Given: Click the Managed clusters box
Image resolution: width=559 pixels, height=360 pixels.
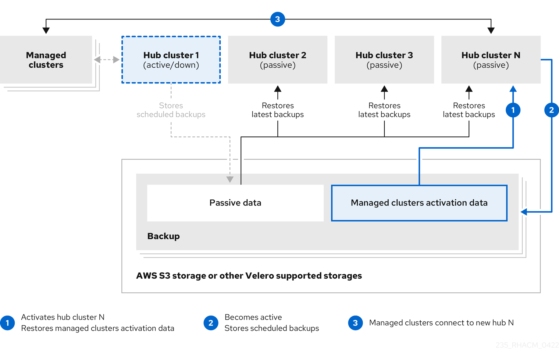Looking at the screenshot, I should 46,60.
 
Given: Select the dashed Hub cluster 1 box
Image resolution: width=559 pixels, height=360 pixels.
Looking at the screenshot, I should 171,60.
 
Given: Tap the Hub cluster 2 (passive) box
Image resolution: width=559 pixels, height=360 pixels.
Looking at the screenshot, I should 278,60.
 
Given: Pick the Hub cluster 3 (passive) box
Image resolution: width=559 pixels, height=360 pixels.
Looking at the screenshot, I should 384,60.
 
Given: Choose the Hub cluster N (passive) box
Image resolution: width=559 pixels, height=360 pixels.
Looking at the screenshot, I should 491,60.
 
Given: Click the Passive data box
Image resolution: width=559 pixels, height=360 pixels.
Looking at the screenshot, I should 235,203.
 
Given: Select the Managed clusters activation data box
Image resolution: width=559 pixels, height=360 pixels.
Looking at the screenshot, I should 419,203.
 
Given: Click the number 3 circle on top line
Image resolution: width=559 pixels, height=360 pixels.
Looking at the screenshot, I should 278,19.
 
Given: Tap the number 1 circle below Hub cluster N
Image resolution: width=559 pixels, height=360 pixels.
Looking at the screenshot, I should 513,110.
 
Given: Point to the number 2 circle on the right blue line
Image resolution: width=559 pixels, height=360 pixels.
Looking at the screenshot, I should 551,110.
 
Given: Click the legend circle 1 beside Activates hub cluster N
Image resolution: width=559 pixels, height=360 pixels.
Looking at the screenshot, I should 7,323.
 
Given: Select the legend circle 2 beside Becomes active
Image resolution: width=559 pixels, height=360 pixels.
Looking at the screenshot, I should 211,323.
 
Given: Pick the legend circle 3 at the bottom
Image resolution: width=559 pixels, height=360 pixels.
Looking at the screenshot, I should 355,323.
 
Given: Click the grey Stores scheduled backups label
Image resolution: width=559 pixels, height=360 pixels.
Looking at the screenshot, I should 171,110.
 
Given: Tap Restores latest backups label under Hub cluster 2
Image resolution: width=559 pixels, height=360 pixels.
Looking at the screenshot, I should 278,110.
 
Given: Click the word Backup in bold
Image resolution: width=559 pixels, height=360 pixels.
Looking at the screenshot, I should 163,236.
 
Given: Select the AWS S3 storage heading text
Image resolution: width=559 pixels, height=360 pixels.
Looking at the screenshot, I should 249,276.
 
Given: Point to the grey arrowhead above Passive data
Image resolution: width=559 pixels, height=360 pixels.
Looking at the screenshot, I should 230,179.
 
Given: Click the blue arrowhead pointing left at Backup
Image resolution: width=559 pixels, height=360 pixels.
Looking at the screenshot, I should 524,212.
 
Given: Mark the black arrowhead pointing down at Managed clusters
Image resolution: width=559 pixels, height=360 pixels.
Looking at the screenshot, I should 46,30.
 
